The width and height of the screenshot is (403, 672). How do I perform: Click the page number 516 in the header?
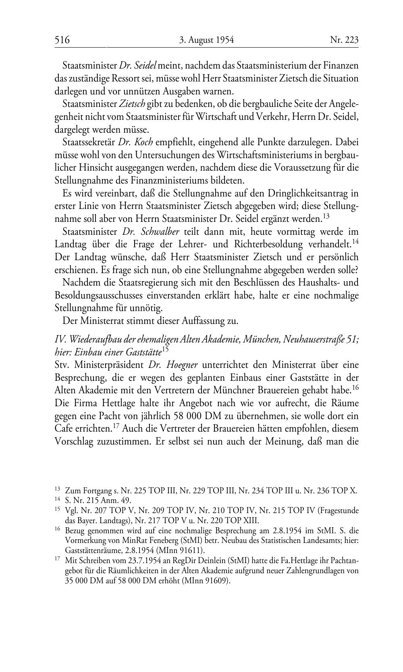[62, 40]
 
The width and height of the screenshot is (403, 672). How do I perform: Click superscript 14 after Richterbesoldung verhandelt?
[355, 242]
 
